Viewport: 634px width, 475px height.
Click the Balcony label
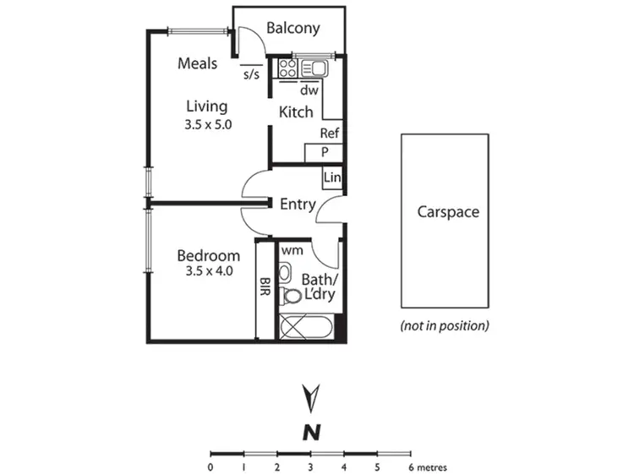293,28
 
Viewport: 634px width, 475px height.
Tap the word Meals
198,63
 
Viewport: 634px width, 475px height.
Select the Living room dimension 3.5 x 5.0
208,123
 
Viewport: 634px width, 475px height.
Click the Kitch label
296,112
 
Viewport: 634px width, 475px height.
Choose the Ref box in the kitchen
330,134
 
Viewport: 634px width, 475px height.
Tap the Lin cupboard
331,177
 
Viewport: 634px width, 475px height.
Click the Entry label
298,204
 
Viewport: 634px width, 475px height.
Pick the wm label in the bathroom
292,250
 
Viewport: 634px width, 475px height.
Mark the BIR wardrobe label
265,287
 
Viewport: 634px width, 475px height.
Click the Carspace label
448,211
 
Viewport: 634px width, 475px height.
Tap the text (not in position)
445,325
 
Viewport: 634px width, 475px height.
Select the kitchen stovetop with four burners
287,68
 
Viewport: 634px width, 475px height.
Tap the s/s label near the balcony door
251,74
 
